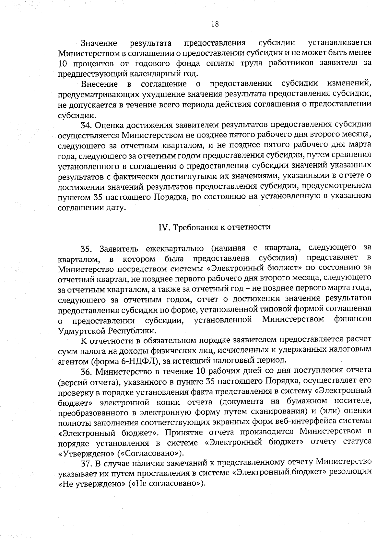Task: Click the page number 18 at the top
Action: [215, 24]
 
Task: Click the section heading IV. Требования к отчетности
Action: [214, 227]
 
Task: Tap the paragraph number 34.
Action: [86, 125]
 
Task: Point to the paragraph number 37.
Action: [86, 463]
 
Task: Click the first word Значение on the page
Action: [99, 43]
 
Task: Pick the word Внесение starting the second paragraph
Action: [99, 84]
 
